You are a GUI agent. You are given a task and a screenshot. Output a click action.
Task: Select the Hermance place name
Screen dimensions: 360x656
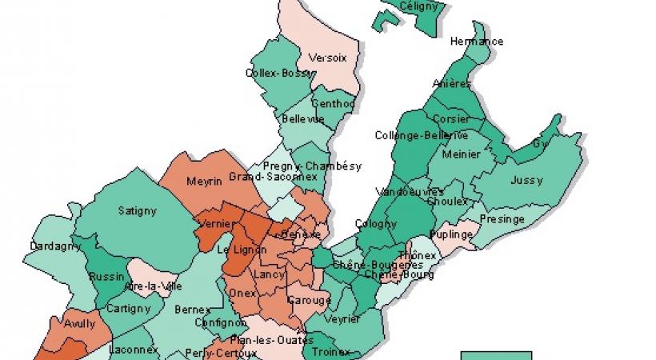click(x=477, y=42)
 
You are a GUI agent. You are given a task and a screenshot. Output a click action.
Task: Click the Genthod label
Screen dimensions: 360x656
click(x=333, y=104)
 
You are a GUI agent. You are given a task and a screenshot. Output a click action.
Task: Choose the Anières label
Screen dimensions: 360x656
click(x=452, y=83)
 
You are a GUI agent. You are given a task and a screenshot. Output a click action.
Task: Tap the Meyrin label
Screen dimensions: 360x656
click(x=204, y=182)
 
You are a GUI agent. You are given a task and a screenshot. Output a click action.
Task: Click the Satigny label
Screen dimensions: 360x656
click(x=138, y=211)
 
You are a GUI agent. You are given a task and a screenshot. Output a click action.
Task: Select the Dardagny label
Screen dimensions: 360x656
click(x=56, y=246)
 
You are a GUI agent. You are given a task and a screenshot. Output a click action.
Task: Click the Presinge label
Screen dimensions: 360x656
click(x=502, y=219)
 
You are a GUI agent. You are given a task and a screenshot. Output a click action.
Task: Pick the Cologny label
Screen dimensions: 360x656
click(x=376, y=225)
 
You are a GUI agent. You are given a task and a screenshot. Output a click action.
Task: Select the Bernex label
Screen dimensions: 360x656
click(x=192, y=309)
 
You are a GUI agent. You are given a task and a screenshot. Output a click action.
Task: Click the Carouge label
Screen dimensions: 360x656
click(x=310, y=301)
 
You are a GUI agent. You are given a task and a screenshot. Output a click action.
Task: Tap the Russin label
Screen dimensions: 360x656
click(x=106, y=277)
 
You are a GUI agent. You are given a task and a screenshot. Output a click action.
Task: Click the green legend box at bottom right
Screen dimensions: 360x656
click(x=496, y=354)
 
